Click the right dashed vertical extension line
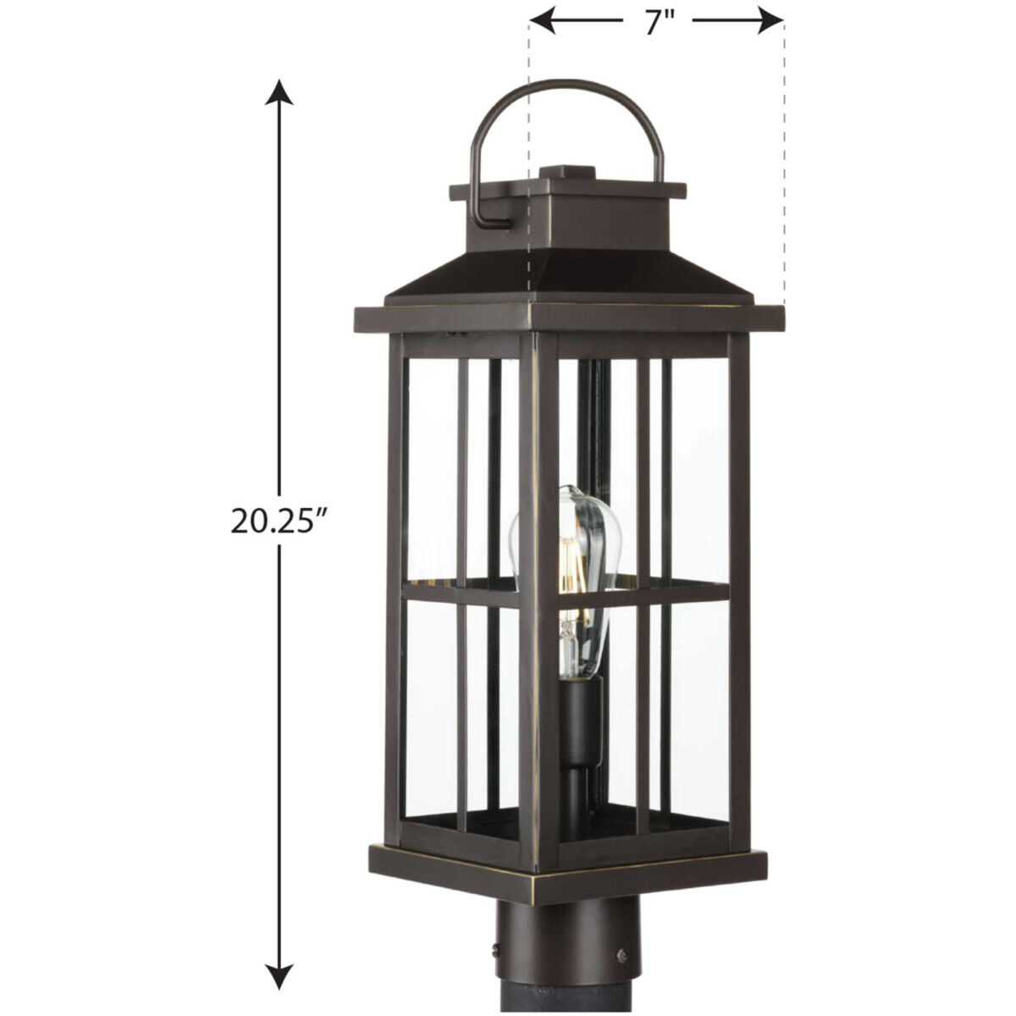[784, 169]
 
